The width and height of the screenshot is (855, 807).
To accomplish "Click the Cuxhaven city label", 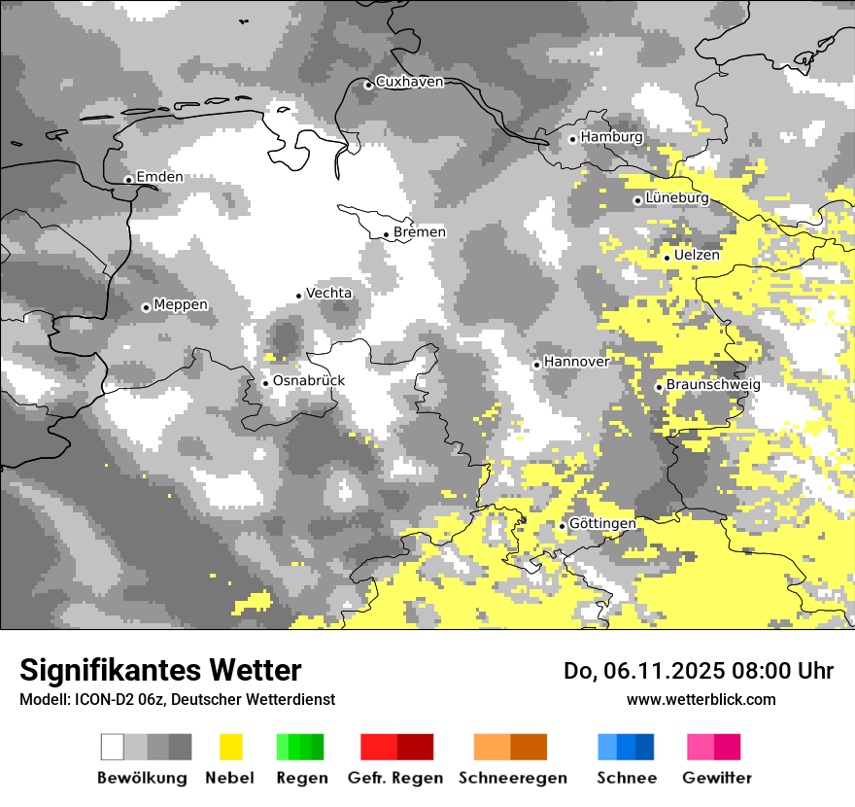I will (x=409, y=82).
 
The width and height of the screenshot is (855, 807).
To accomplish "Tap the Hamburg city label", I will (x=611, y=137).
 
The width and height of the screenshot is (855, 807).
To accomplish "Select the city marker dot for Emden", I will (x=128, y=179).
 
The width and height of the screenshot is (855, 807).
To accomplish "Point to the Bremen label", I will (x=420, y=232).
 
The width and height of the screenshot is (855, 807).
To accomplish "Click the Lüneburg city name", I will (x=677, y=198).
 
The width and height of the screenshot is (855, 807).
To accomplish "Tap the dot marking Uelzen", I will (x=667, y=257).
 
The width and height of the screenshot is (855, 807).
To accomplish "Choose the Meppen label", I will (x=181, y=305).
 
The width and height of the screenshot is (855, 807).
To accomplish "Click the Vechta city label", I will (x=329, y=293).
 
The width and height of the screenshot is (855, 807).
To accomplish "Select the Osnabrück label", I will (x=309, y=380).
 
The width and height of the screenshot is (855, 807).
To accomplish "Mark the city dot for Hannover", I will (x=536, y=365).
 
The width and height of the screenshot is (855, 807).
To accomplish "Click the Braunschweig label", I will (x=713, y=385).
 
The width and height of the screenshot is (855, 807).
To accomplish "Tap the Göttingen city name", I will (x=602, y=524).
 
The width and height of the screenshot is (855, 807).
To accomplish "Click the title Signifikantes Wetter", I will (x=160, y=670).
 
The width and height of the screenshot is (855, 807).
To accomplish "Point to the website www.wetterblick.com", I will (x=701, y=699).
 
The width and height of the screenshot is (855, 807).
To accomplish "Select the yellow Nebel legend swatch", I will (x=230, y=747).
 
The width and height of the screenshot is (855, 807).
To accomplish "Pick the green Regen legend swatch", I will (x=300, y=747).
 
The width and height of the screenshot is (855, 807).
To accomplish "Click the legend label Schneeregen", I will (x=513, y=778).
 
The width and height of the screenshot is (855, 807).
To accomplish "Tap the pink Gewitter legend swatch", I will (x=713, y=747).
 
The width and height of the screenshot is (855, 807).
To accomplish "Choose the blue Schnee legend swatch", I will (x=626, y=747).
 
